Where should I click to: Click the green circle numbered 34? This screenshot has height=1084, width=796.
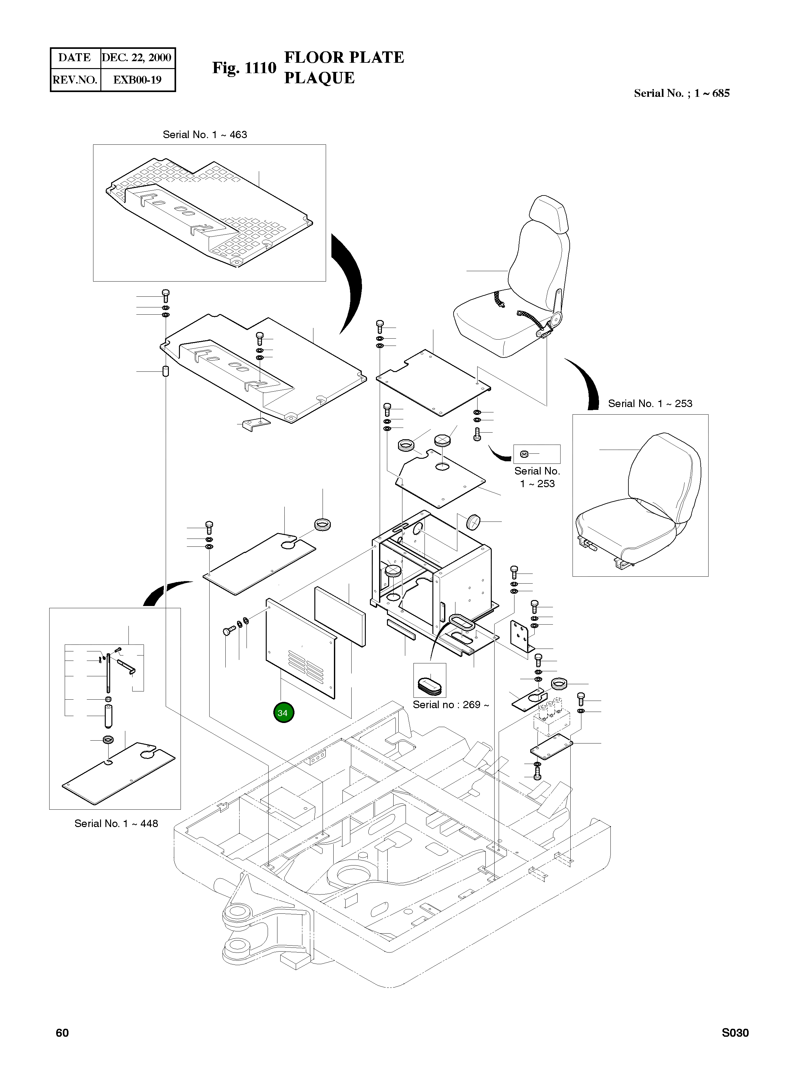click(x=283, y=713)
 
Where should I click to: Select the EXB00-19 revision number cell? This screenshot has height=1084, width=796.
click(x=137, y=80)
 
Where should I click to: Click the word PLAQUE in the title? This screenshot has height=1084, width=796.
click(x=319, y=78)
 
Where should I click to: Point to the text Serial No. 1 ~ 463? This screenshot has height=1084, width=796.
click(x=205, y=135)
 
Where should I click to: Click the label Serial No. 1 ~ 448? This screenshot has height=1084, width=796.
click(x=116, y=824)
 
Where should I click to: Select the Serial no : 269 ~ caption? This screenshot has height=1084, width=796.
click(x=451, y=705)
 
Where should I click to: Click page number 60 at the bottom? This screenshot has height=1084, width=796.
click(x=62, y=1033)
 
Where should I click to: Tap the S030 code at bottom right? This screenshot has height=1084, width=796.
click(x=735, y=1033)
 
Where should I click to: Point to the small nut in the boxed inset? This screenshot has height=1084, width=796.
click(x=525, y=454)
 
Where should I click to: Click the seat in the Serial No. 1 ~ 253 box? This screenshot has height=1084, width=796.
click(x=639, y=501)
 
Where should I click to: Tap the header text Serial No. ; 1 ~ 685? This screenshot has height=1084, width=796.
click(x=681, y=93)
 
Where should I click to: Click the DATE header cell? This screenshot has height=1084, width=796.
click(x=75, y=58)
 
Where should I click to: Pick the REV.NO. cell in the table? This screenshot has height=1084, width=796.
click(x=75, y=80)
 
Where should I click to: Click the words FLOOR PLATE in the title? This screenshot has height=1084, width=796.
click(x=344, y=57)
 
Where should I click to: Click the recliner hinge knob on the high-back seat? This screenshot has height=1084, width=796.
click(x=557, y=318)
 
